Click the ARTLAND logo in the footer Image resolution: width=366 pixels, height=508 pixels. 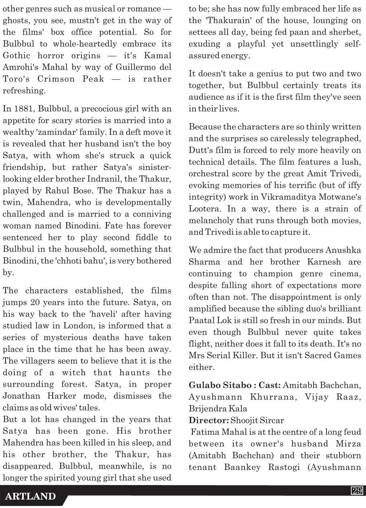[x=30, y=496]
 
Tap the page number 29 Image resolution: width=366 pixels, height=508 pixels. [x=357, y=491]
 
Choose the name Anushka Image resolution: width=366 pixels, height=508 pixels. [x=343, y=250]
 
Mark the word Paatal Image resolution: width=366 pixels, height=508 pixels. [x=203, y=320]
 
